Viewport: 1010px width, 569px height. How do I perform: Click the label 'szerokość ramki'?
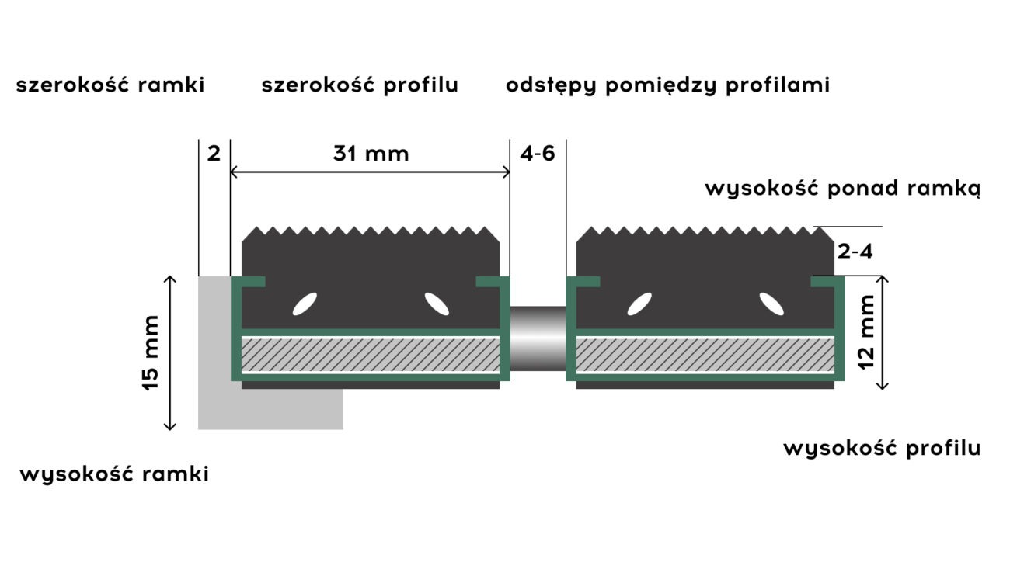(110, 85)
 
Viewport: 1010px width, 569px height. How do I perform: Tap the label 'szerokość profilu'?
(360, 85)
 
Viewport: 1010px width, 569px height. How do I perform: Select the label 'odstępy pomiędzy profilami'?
(667, 85)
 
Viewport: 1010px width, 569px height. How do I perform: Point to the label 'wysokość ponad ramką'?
(842, 189)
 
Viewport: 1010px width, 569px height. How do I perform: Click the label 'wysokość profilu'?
(881, 448)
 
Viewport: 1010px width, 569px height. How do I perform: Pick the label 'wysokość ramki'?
(114, 474)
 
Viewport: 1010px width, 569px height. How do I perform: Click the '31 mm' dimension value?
(371, 154)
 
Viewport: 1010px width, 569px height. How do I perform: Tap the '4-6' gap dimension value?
(538, 154)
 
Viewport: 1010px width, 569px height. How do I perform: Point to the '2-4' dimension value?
(855, 251)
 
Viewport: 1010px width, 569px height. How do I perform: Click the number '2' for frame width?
(214, 154)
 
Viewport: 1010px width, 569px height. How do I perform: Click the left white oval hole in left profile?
(305, 304)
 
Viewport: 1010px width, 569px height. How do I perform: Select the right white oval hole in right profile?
(771, 304)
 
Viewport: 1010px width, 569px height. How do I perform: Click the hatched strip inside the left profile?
(371, 356)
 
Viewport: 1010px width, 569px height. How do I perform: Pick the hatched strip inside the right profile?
(705, 356)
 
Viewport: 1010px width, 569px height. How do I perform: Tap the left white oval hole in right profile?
(639, 304)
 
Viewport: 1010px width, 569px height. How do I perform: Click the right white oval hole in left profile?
(437, 304)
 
